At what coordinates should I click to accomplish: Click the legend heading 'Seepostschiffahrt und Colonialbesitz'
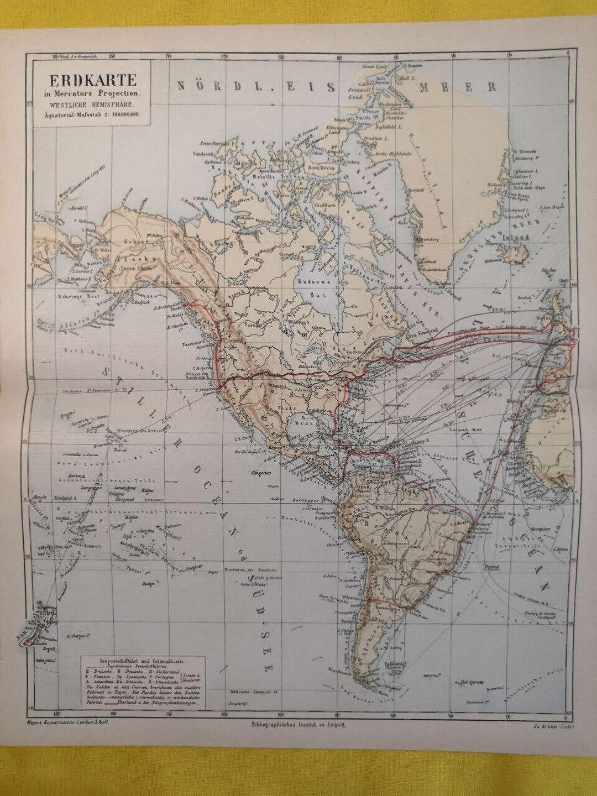click(x=143, y=660)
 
